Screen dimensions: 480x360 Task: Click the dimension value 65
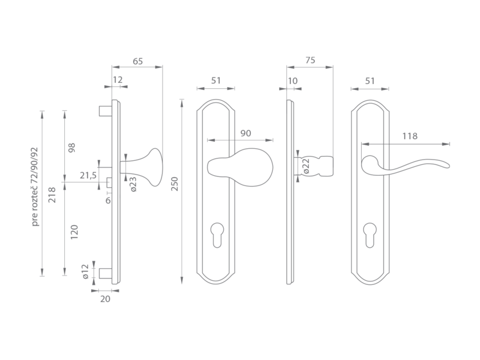coord(138,61)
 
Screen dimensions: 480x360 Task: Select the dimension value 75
coord(310,61)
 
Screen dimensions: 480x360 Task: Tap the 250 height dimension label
coord(174,184)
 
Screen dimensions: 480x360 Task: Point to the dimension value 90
coord(245,133)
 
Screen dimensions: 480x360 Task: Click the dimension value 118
coord(410,136)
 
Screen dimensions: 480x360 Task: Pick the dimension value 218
coord(52,195)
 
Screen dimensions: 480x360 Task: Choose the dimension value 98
coord(71,148)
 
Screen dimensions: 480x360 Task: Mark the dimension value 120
coord(74,232)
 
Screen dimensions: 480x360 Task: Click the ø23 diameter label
coord(133,184)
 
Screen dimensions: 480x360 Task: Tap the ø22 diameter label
coord(307,166)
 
